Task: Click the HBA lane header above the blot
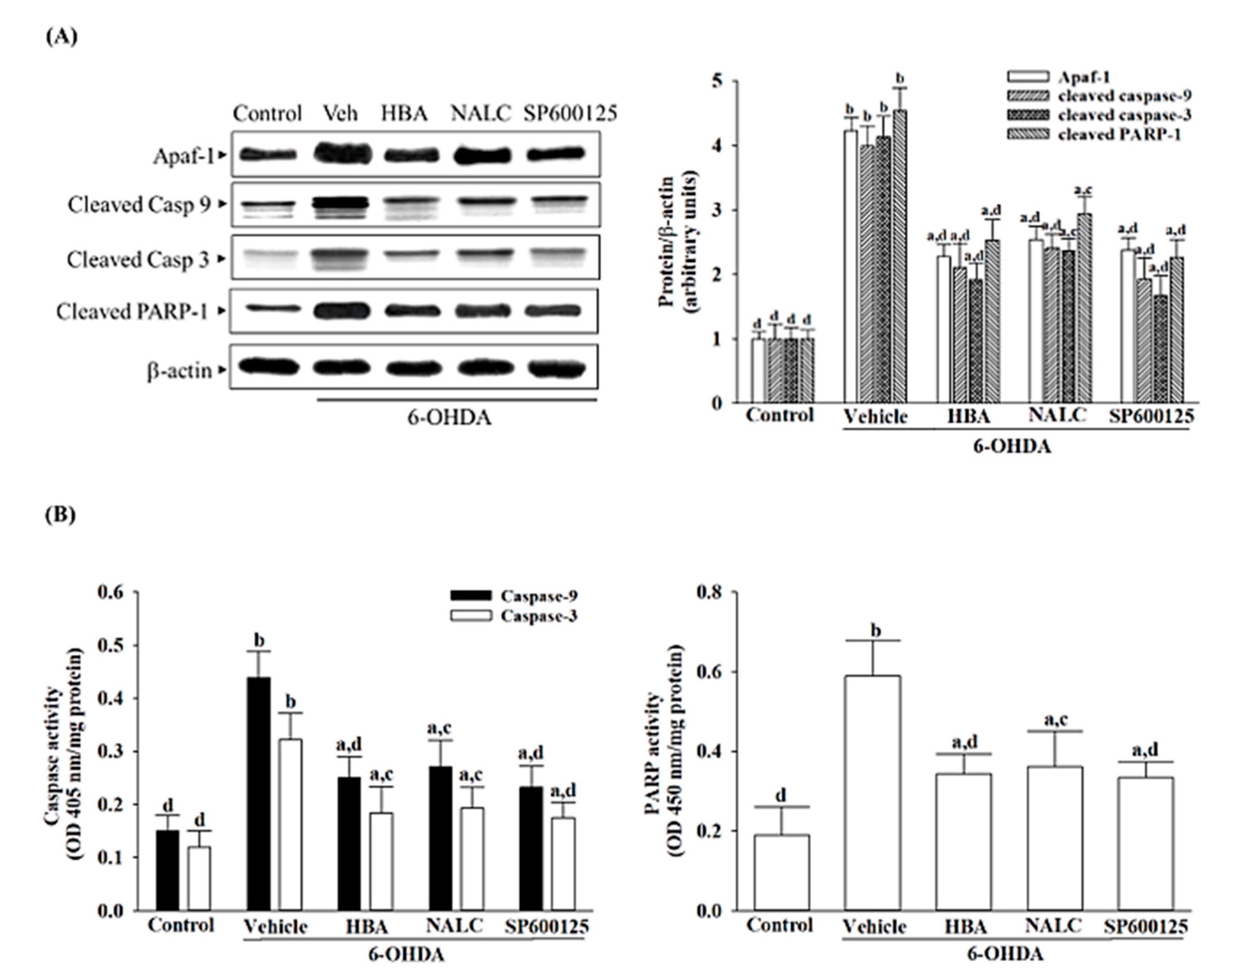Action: (x=405, y=114)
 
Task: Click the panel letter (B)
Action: (x=60, y=515)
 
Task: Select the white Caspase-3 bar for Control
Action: (x=199, y=878)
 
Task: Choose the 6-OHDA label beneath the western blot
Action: (x=449, y=418)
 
